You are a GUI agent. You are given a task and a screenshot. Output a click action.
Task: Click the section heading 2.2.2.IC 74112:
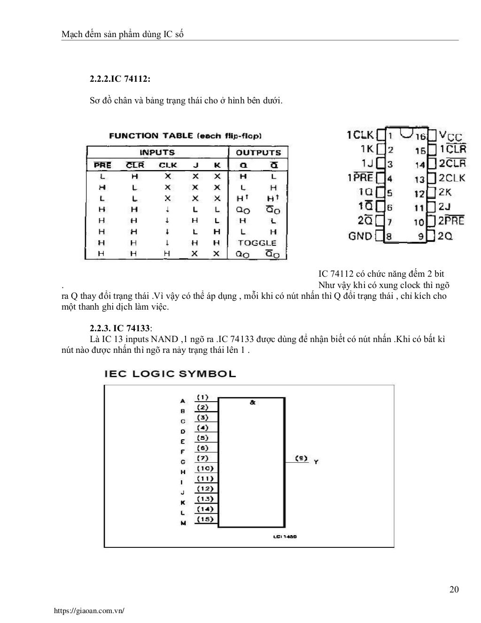[120, 79]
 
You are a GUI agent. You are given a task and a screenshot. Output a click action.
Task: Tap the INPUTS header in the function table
[157, 153]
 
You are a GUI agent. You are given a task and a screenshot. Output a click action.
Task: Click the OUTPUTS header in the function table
[258, 153]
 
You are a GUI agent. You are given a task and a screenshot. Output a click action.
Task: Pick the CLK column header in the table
[168, 165]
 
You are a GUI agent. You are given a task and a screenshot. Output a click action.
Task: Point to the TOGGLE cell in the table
[257, 243]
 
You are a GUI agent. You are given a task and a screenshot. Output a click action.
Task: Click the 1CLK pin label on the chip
[360, 135]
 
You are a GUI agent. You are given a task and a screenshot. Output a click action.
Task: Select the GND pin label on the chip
[360, 236]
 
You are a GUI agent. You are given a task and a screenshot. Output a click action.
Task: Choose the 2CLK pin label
[452, 178]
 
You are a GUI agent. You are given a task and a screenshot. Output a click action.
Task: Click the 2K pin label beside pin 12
[445, 192]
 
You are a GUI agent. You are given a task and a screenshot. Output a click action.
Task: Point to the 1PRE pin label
[360, 178]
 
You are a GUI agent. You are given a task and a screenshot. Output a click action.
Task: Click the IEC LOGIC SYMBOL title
[170, 374]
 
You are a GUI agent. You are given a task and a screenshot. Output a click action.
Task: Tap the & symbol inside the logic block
[252, 403]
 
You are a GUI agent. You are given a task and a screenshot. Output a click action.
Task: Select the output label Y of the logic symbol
[316, 462]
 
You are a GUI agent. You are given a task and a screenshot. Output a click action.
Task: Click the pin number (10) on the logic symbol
[205, 468]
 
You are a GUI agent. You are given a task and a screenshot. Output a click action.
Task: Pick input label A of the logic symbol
[183, 401]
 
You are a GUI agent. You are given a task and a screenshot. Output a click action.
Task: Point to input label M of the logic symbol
[183, 523]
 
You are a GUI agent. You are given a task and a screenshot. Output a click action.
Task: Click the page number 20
[454, 590]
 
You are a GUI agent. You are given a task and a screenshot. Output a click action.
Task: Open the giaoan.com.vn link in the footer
[89, 611]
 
